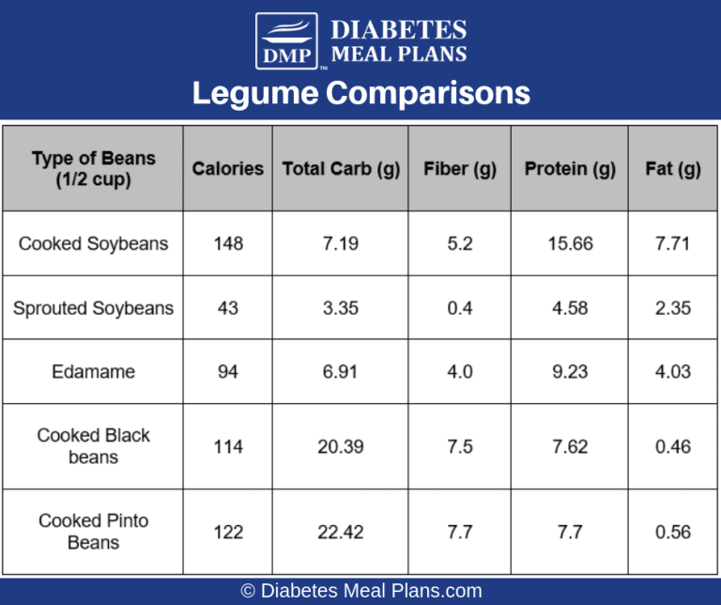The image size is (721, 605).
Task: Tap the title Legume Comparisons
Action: pos(360,94)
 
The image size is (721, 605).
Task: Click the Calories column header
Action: pos(228,169)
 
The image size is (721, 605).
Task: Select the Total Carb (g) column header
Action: pos(341,169)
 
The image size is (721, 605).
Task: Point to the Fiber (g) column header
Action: pos(460,169)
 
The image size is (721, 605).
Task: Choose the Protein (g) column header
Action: pos(570,169)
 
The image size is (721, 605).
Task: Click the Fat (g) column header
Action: pos(672,169)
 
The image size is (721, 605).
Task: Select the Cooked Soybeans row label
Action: pos(93,243)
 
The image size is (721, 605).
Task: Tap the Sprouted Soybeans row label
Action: pos(93,308)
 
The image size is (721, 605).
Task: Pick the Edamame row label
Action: pos(93,372)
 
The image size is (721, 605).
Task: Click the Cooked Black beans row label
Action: pos(93,446)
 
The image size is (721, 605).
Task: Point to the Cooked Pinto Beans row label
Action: pos(93,532)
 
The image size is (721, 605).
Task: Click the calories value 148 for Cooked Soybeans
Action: pos(228,243)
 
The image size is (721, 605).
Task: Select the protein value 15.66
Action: pos(570,243)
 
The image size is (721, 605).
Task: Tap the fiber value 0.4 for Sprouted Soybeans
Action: pos(460,308)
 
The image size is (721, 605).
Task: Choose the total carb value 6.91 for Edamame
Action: pos(341,372)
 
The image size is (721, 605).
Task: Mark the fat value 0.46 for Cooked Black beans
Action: pos(672,446)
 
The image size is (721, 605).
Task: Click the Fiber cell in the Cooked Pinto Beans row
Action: pos(460,532)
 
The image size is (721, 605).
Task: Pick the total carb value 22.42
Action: pos(341,532)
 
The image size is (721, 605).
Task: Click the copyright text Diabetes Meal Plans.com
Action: pos(360,591)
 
